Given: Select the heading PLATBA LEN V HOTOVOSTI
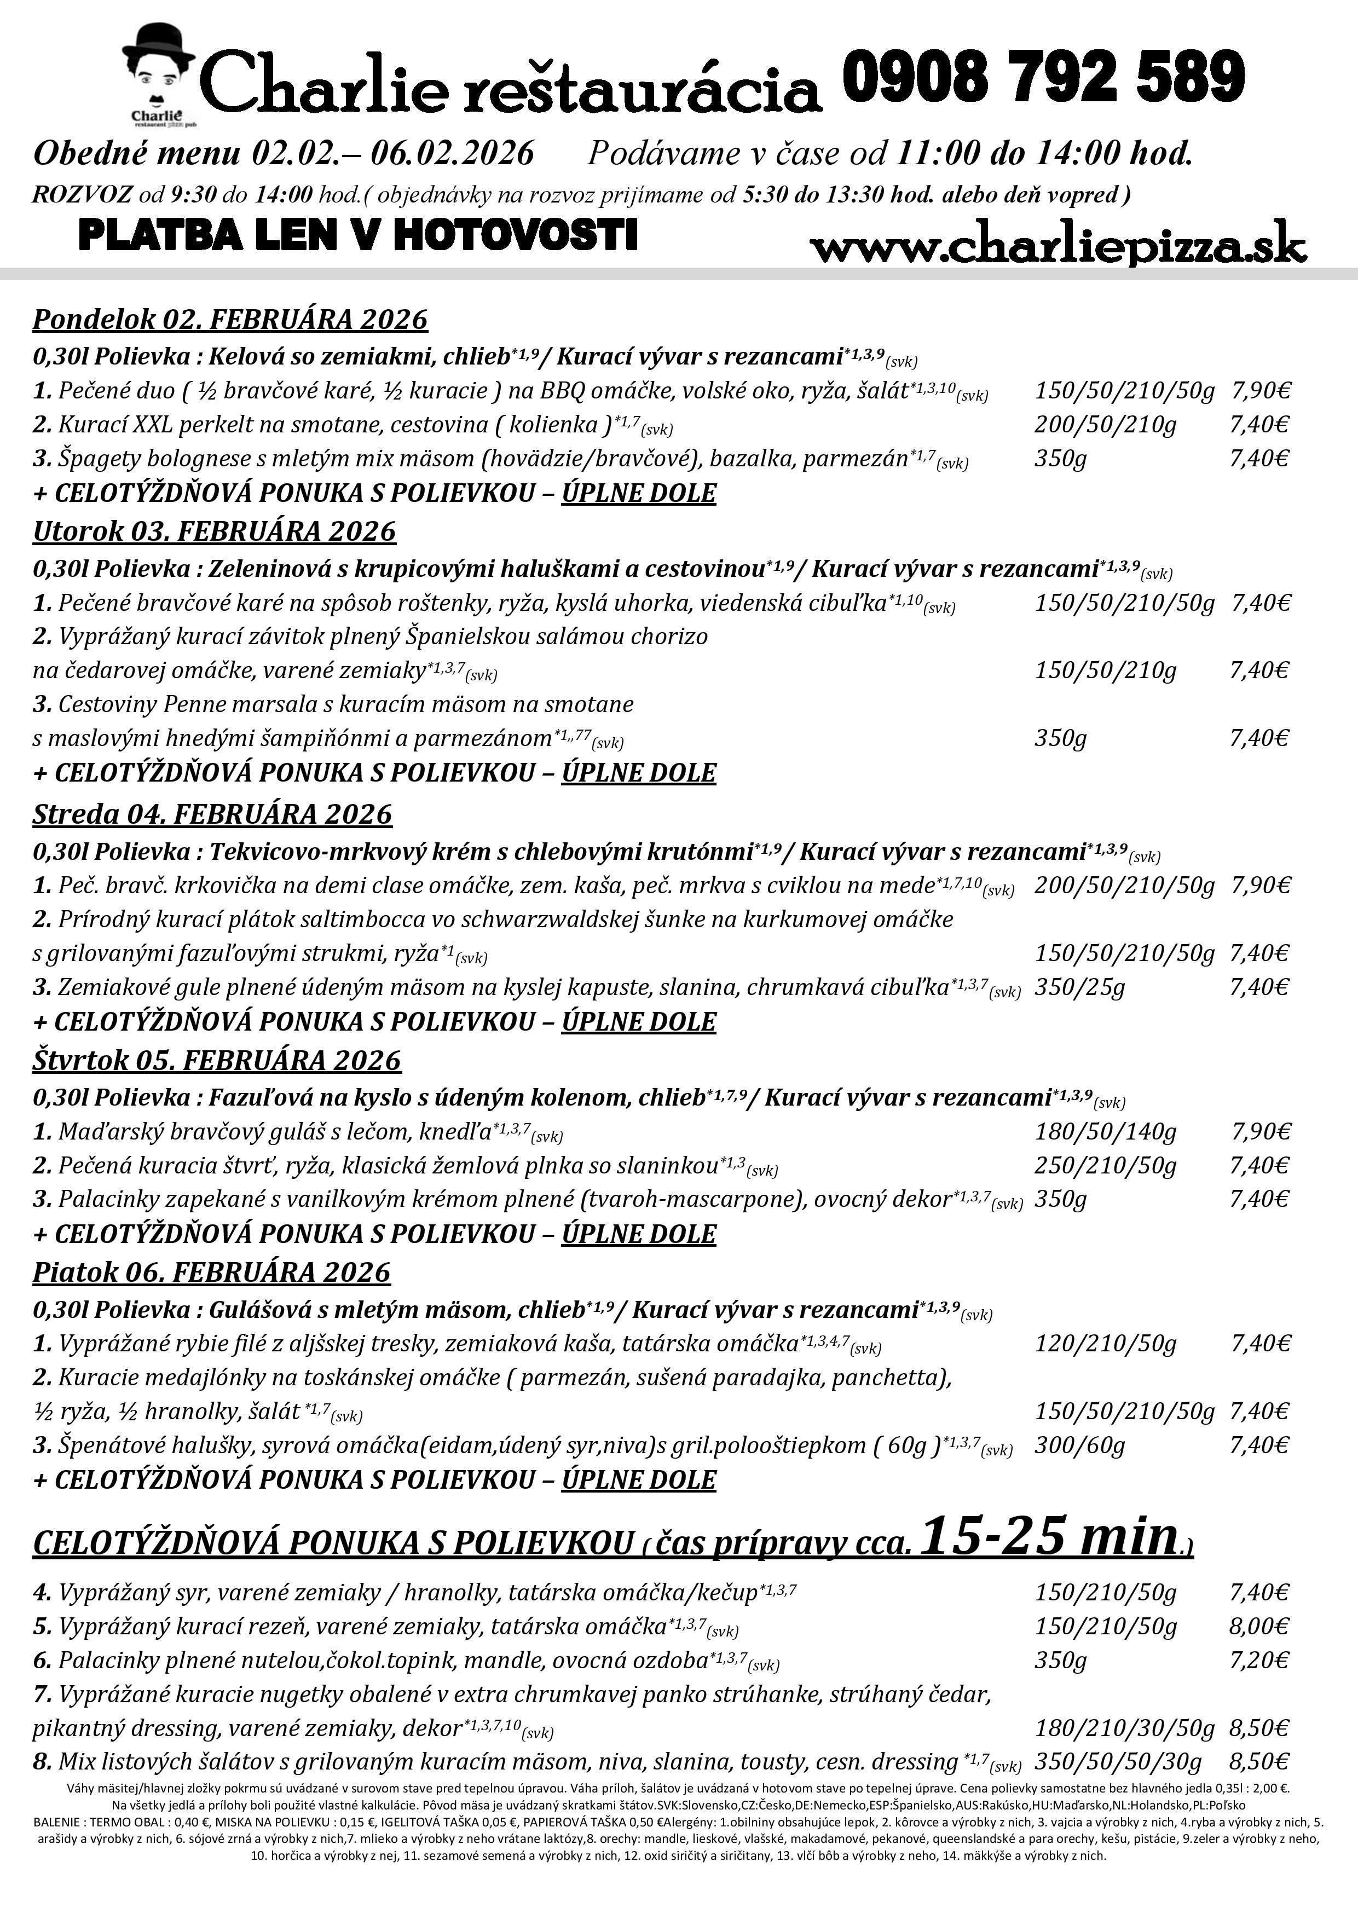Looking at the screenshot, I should [357, 235].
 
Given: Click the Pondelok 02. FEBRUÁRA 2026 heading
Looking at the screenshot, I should [230, 320].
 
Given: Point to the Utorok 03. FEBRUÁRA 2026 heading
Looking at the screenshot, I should [214, 532].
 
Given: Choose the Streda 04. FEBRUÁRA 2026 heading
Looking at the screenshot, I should [212, 814].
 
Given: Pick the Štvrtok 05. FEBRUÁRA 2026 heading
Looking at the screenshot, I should [217, 1060].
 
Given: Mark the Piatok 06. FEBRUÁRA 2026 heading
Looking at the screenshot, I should [212, 1272].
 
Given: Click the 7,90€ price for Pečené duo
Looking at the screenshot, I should [1260, 391].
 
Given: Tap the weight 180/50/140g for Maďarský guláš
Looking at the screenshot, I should [1106, 1132].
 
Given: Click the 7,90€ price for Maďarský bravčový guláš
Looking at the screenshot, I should [1260, 1132].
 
